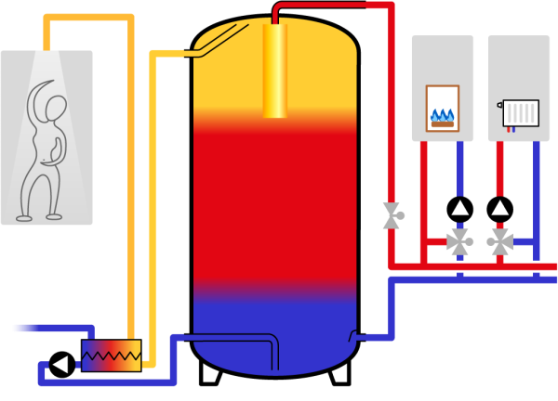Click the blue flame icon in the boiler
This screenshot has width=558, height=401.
click(443, 115)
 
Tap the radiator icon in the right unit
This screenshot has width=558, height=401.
click(521, 113)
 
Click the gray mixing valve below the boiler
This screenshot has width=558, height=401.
click(458, 241)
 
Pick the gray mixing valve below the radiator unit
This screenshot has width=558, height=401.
click(500, 241)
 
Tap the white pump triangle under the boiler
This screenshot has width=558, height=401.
click(460, 207)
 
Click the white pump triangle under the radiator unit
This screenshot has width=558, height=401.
click(500, 207)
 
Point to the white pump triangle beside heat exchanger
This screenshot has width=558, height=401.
click(60, 364)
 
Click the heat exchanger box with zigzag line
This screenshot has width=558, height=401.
click(112, 355)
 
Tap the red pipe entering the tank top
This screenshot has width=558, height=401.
click(276, 14)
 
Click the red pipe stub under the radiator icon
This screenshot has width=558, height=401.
click(509, 130)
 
